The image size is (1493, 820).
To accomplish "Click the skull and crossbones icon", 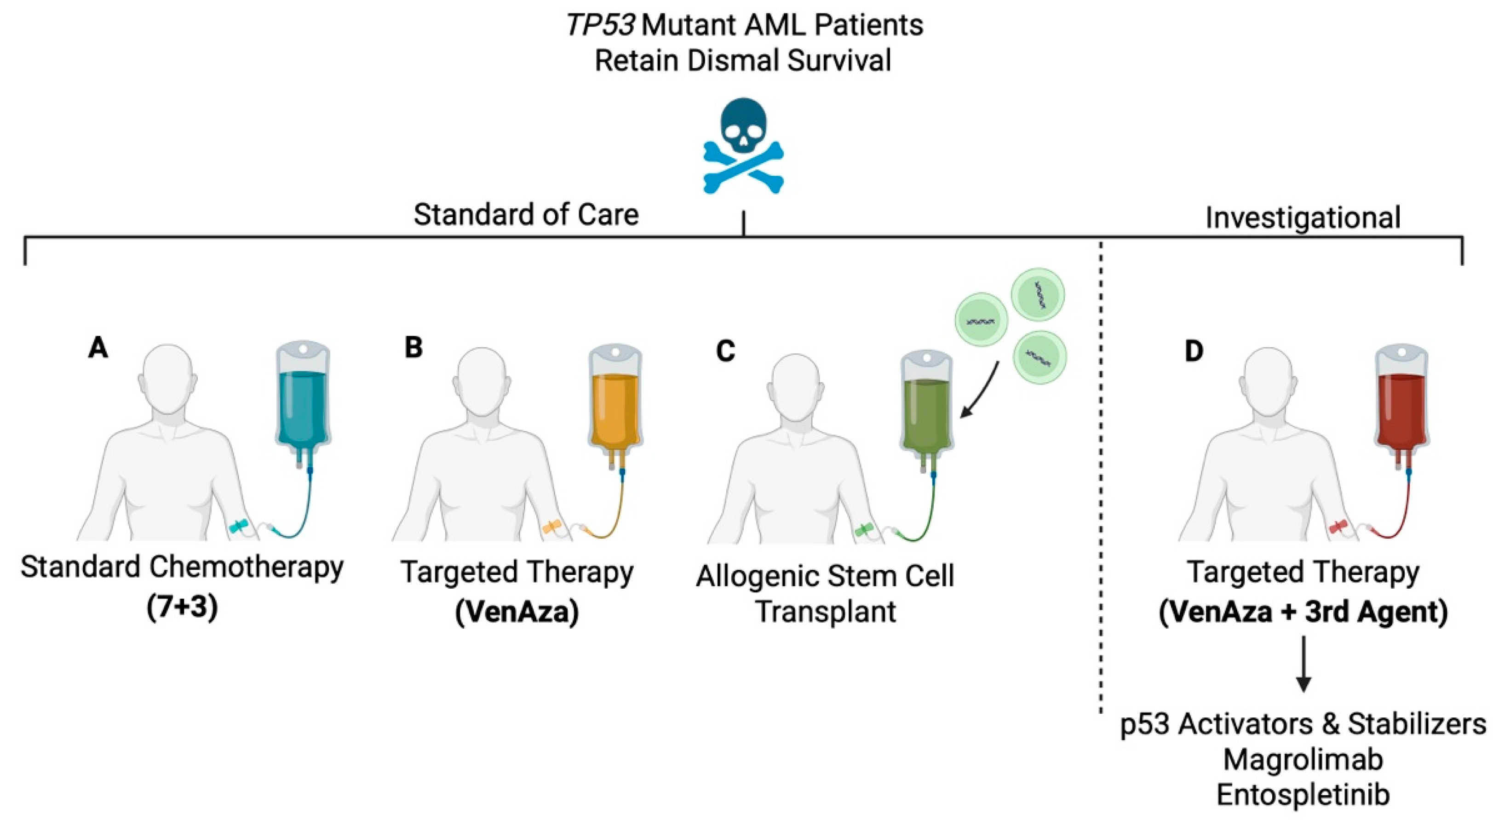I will point(744,146).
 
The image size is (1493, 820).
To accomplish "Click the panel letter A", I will point(98,348).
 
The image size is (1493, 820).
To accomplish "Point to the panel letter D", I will point(1194,350).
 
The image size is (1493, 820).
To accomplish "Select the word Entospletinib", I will point(1303,794).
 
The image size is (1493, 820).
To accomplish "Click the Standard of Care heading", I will point(526,214).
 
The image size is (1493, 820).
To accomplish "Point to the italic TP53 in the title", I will point(599,25).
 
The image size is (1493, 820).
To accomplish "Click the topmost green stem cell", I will point(1038,295).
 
